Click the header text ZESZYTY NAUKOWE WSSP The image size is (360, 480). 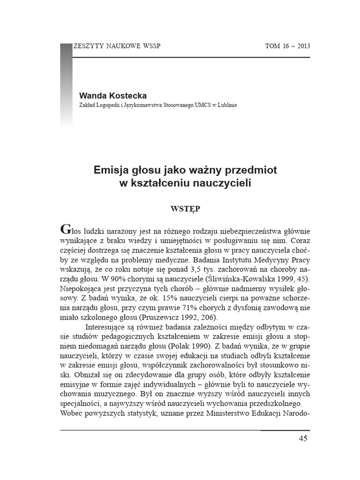120,46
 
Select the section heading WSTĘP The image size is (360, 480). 185,209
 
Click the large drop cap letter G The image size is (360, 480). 67,230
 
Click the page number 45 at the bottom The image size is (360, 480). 302,439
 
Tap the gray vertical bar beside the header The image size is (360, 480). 66,84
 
